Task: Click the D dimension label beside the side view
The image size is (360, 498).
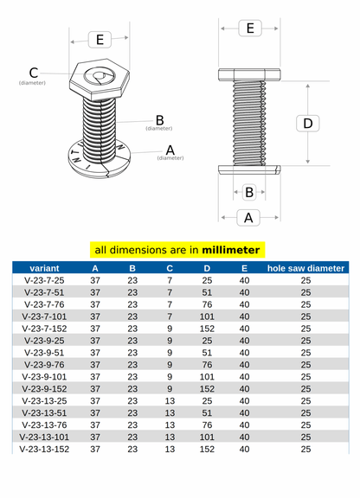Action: point(307,124)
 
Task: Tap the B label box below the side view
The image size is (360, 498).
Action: point(249,192)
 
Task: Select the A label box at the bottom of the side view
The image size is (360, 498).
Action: point(248,218)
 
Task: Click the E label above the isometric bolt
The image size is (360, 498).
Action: point(100,40)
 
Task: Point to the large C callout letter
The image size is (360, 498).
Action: point(34,73)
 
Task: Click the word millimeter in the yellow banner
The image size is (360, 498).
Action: point(231,250)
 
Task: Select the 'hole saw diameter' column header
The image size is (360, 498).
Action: point(305,268)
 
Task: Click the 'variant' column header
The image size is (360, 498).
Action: point(44,268)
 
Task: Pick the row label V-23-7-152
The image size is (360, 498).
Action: point(44,329)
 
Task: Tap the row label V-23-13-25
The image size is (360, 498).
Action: point(44,401)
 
